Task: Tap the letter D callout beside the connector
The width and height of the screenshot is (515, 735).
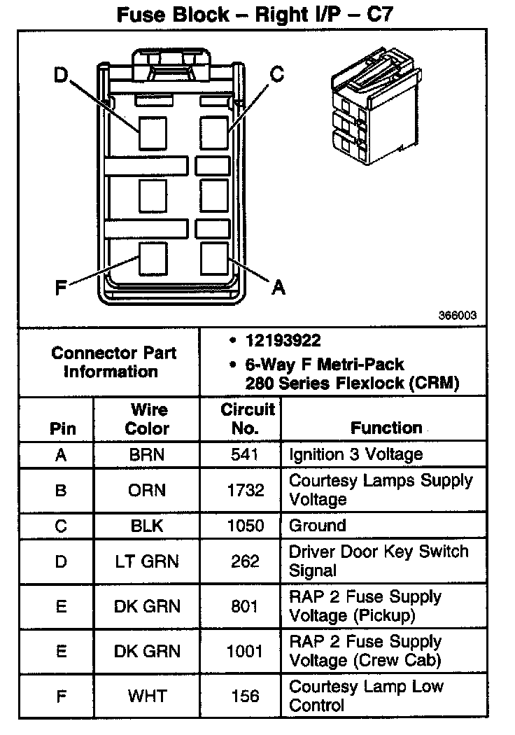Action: [x=61, y=74]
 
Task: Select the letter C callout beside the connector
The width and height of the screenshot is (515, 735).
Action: [x=277, y=74]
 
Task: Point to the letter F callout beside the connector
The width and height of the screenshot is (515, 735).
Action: [x=61, y=286]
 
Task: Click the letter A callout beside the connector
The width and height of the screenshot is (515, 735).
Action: [x=278, y=286]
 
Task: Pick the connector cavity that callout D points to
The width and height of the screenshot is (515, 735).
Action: [x=153, y=133]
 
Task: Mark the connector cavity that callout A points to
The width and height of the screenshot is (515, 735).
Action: [x=214, y=258]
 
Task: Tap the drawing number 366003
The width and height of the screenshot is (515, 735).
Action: [x=458, y=316]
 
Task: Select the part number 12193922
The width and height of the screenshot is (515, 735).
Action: [x=283, y=341]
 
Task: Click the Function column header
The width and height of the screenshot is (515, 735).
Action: [x=386, y=428]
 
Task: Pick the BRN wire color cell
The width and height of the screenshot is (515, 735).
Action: [x=147, y=454]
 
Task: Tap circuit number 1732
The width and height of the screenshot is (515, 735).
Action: [x=244, y=490]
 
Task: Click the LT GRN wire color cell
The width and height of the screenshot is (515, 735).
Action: [x=147, y=561]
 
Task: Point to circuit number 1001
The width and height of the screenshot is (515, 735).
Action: [x=244, y=651]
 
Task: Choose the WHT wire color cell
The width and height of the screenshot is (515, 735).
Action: [x=147, y=696]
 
